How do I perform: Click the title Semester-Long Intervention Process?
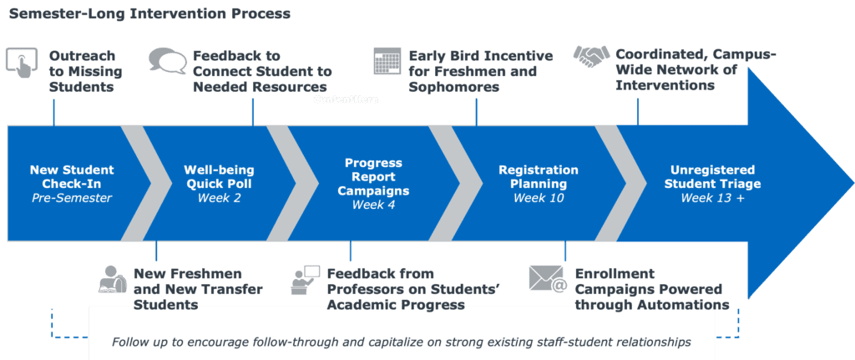pyautogui.click(x=149, y=13)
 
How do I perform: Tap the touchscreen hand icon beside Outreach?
pyautogui.click(x=22, y=62)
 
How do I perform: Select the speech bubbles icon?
pyautogui.click(x=167, y=60)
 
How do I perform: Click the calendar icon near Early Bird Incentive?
pyautogui.click(x=387, y=61)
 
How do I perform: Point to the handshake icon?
pyautogui.click(x=592, y=57)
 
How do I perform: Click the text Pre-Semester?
pyautogui.click(x=72, y=198)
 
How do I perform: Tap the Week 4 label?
pyautogui.click(x=373, y=205)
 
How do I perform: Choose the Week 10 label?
pyautogui.click(x=539, y=197)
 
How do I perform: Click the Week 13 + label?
pyautogui.click(x=712, y=197)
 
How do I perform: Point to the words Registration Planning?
pyautogui.click(x=539, y=177)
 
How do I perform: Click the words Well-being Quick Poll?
pyautogui.click(x=219, y=177)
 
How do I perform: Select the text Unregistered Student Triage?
pyautogui.click(x=712, y=177)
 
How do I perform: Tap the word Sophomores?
pyautogui.click(x=454, y=87)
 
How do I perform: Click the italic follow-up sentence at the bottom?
pyautogui.click(x=402, y=342)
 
